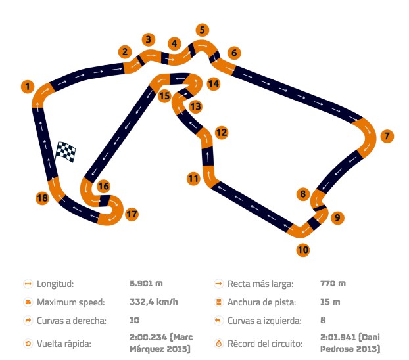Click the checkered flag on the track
pyautogui.click(x=66, y=152)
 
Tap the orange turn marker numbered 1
pyautogui.click(x=28, y=87)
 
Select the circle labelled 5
pyautogui.click(x=203, y=30)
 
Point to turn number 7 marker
pyautogui.click(x=387, y=136)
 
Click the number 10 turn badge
pyautogui.click(x=303, y=250)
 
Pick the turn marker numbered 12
pyautogui.click(x=222, y=133)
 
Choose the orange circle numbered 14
pyautogui.click(x=214, y=84)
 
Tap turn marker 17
pyautogui.click(x=132, y=214)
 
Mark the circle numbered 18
pyautogui.click(x=42, y=198)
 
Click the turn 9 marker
pyautogui.click(x=337, y=217)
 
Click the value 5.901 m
pyautogui.click(x=146, y=283)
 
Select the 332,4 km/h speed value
pyautogui.click(x=154, y=302)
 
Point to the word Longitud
pyautogui.click(x=55, y=284)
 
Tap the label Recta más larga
pyautogui.click(x=260, y=284)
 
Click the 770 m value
pyautogui.click(x=333, y=283)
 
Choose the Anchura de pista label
pyautogui.click(x=262, y=302)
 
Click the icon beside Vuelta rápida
pyautogui.click(x=28, y=344)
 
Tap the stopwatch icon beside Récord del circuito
pyautogui.click(x=218, y=344)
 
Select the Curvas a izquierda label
pyautogui.click(x=264, y=321)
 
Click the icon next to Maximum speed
pyautogui.click(x=28, y=302)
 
